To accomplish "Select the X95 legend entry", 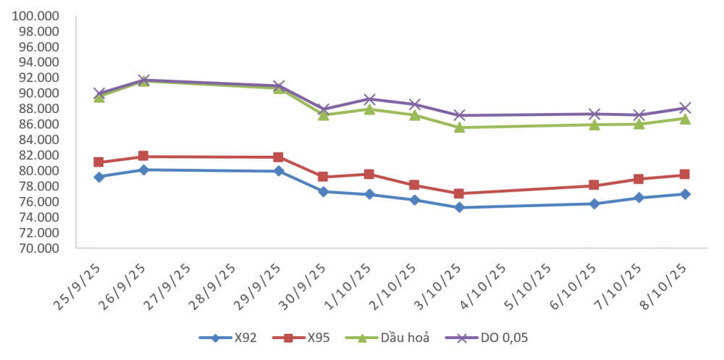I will tap(314, 338).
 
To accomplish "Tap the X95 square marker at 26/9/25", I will tap(143, 156).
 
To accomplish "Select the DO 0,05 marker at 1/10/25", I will tap(369, 99).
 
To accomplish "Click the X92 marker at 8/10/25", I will tap(684, 194).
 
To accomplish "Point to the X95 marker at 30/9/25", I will tap(324, 177).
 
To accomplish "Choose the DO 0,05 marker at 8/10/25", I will tap(684, 108).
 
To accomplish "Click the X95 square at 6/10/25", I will tap(594, 185).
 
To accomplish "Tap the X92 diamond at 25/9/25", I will tap(98, 177).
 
